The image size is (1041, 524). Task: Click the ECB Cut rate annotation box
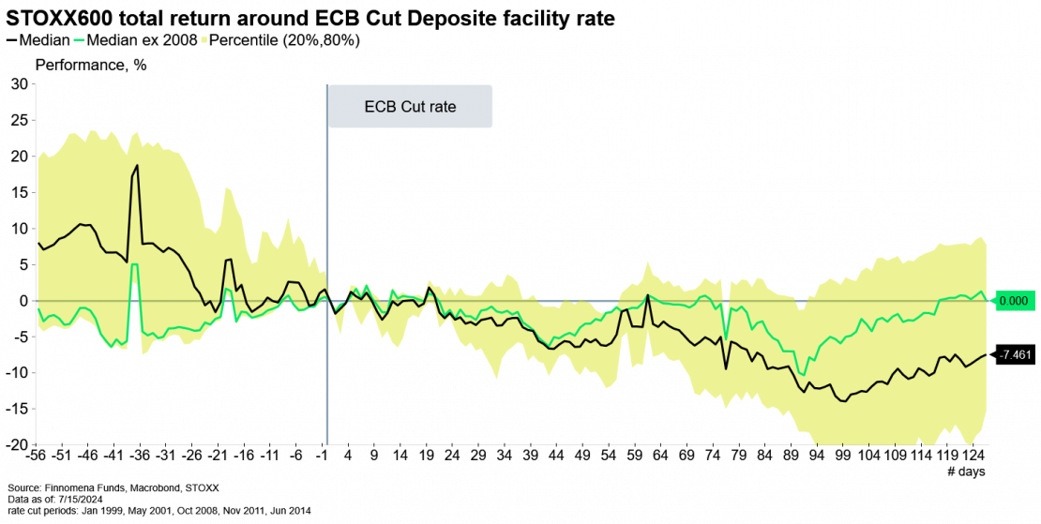coord(409,107)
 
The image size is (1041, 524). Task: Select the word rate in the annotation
coord(441,107)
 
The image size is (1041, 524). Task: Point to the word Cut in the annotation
coord(413,107)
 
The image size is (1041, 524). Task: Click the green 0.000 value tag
coord(1014,301)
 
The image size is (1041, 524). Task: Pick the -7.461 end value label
coord(1016,355)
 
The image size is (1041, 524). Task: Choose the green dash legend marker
coord(79,39)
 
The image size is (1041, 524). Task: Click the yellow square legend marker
coord(204,39)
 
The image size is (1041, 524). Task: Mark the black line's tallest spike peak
coord(138,166)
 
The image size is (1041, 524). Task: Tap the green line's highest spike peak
coord(135,264)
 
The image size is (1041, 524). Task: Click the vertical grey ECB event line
coord(326,281)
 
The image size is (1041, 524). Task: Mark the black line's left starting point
coord(38,243)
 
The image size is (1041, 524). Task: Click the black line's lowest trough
coord(844,401)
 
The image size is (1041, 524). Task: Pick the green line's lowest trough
coord(803,374)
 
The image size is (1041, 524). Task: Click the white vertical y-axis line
coord(36,262)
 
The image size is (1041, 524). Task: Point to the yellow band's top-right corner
coord(985,237)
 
